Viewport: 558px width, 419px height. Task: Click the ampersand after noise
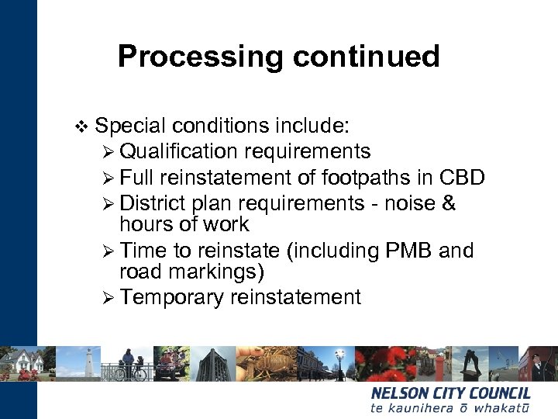[448, 203]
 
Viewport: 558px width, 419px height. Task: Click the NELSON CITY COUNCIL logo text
[450, 393]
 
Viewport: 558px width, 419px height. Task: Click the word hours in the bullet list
[145, 225]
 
